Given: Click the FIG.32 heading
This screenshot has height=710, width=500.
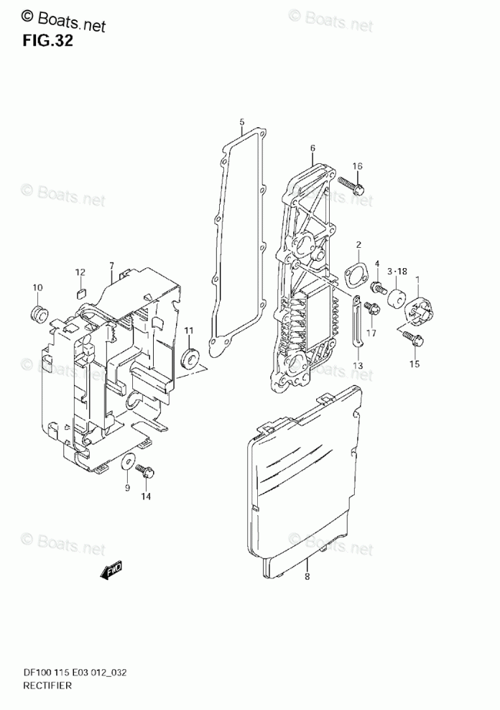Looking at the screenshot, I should (47, 41).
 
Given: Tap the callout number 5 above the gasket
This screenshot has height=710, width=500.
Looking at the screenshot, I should (242, 121).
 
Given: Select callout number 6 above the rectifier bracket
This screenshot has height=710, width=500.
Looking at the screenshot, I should (312, 149).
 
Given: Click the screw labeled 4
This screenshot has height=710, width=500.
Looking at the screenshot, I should (376, 288).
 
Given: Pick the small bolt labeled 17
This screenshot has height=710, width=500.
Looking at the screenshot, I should (371, 310).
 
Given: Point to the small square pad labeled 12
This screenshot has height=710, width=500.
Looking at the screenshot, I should (81, 292).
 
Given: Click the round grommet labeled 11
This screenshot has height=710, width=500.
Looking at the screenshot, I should (190, 357).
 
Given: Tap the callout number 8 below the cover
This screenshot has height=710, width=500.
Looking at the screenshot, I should (307, 576).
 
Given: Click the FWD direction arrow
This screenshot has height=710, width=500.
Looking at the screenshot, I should (112, 571).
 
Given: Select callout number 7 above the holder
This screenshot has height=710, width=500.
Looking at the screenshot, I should (111, 266).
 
